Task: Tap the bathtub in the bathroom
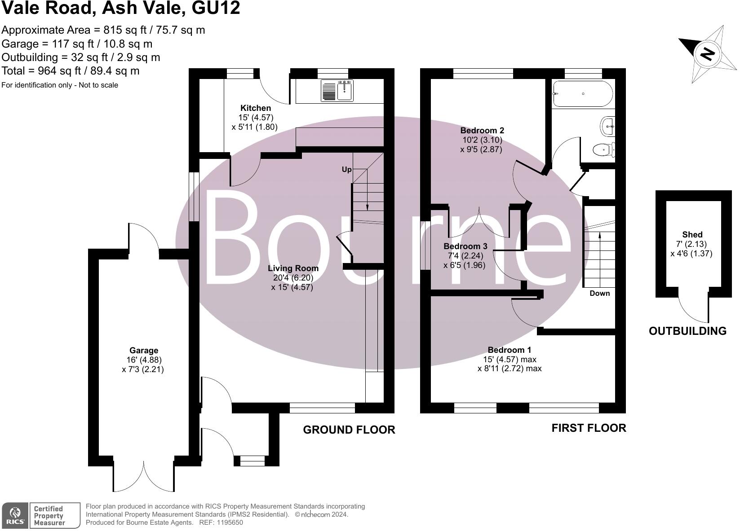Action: (582, 94)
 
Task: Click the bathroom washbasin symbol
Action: (607, 126)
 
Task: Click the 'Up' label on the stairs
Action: (346, 169)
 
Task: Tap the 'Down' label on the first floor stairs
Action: (599, 293)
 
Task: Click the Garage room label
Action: (144, 350)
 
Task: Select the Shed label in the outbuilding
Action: (692, 234)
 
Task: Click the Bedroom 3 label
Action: (465, 246)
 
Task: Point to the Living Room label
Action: (293, 268)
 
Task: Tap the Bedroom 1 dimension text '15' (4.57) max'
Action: (510, 359)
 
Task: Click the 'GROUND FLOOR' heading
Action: (349, 430)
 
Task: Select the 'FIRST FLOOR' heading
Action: (589, 428)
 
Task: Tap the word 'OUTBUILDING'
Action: (687, 331)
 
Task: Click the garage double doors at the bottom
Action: (144, 476)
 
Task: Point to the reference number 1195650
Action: (230, 522)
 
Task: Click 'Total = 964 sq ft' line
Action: (71, 71)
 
